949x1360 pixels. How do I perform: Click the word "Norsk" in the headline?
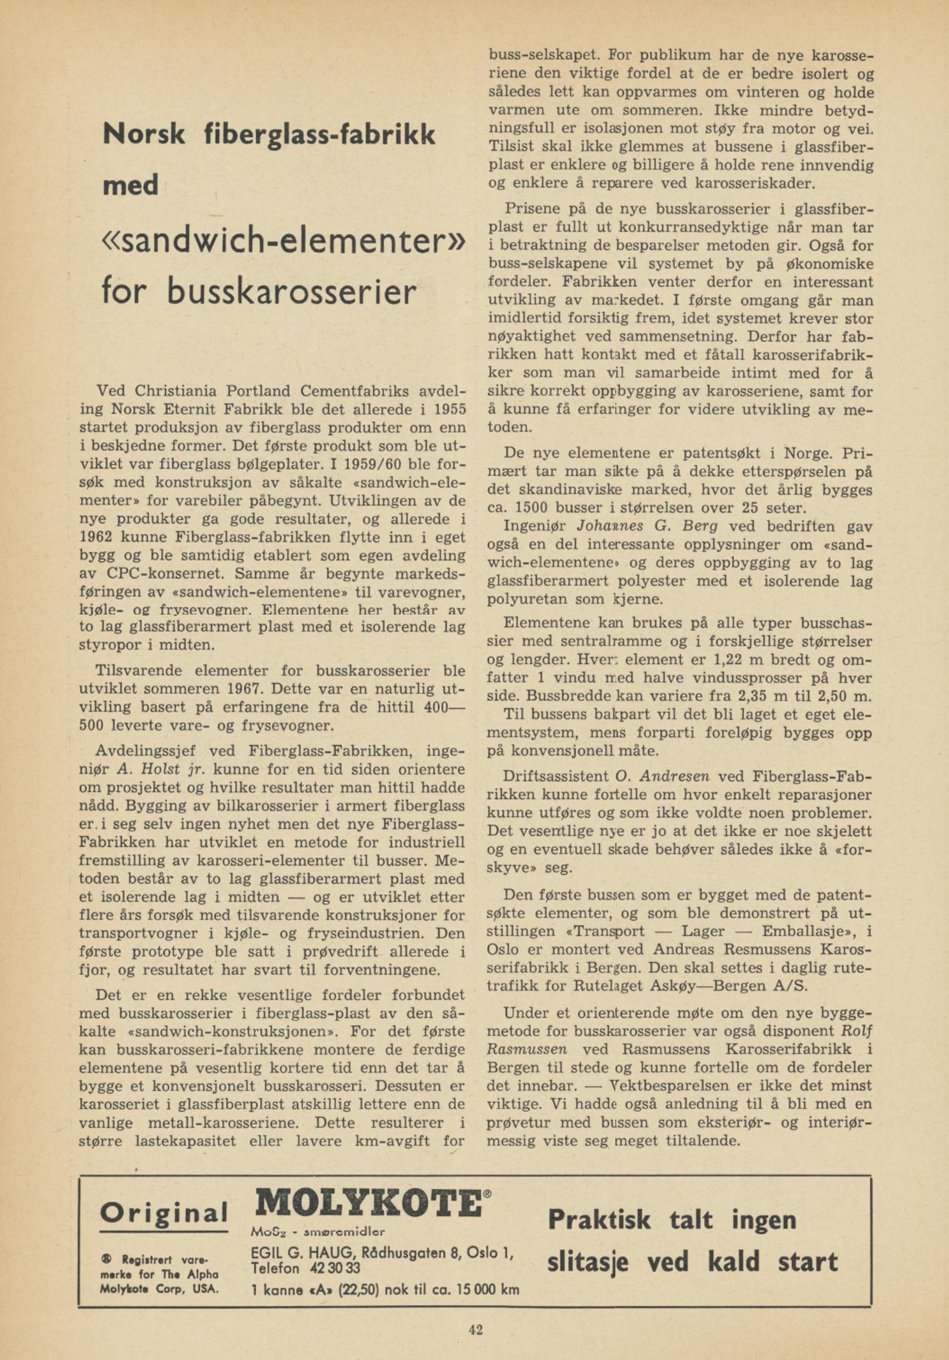pyautogui.click(x=144, y=135)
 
